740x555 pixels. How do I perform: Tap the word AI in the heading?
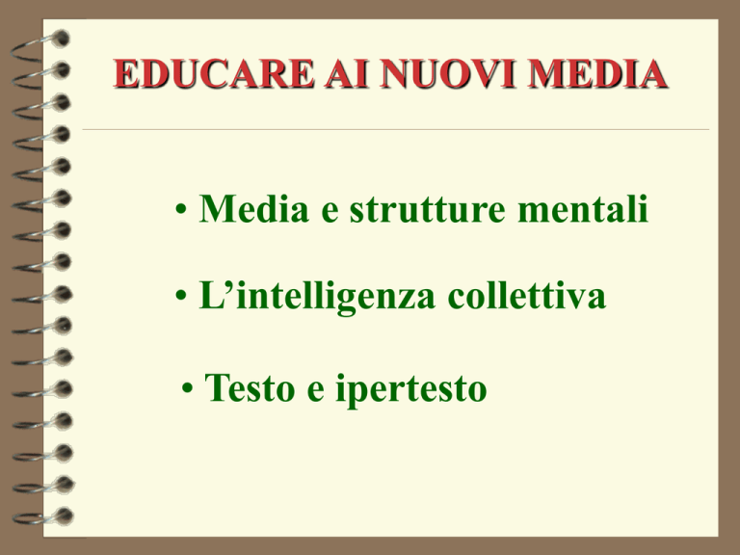(x=347, y=73)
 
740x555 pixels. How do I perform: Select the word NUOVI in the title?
(x=448, y=73)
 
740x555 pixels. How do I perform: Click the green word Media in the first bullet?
(x=254, y=208)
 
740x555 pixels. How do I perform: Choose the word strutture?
(x=427, y=209)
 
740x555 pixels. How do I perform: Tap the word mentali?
(x=582, y=208)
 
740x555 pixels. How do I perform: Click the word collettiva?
(x=526, y=296)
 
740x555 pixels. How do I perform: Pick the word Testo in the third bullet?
(x=250, y=387)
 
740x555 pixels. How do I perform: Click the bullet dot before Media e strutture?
(x=181, y=208)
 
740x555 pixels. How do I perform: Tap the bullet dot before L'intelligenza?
(x=181, y=296)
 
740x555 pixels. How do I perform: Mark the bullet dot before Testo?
(x=187, y=388)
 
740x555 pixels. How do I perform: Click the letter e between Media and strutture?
(x=330, y=211)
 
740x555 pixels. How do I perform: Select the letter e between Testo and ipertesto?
(x=316, y=391)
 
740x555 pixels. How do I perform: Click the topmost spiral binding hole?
(x=61, y=39)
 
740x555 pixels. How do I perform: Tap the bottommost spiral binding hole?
(x=65, y=515)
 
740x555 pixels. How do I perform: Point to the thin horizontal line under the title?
(x=395, y=129)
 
